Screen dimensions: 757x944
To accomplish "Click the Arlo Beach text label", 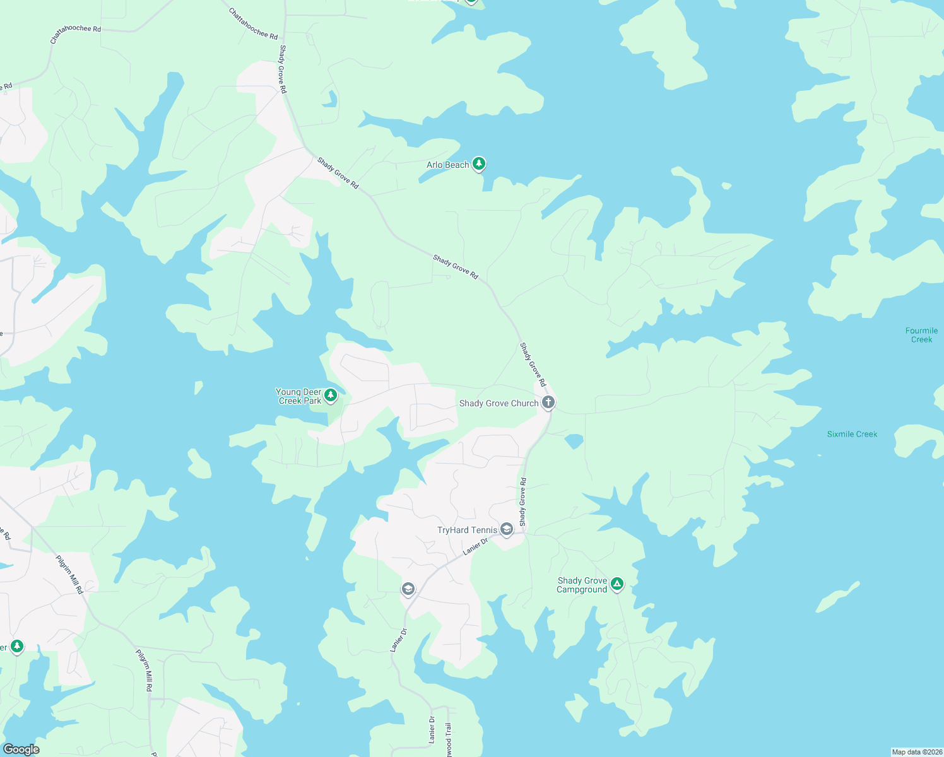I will tap(447, 165).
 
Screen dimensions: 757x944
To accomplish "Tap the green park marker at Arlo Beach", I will tap(479, 164).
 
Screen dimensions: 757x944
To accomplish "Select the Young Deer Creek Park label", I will tap(299, 396).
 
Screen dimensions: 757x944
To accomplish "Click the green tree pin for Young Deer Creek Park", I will tap(330, 395).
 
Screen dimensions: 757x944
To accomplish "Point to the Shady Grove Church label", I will tap(499, 404).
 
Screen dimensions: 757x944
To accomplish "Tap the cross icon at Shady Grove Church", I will tap(548, 402).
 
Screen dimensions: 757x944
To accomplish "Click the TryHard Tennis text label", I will tap(467, 531).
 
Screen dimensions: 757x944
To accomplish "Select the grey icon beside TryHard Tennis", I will tap(506, 529).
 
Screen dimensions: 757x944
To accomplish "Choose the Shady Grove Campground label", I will tap(582, 585).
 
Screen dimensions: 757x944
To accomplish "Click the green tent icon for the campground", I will tap(617, 584).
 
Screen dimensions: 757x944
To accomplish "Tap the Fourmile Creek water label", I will tap(921, 335).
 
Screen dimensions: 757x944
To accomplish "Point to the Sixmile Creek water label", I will tap(852, 434).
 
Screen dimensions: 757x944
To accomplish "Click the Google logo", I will tap(21, 749).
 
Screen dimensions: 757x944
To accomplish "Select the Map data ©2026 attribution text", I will tap(917, 752).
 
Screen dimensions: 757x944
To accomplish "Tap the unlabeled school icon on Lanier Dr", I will tap(408, 589).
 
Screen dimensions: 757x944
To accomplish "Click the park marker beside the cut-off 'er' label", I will tap(17, 646).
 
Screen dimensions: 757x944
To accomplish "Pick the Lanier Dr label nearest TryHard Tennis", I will tap(475, 546).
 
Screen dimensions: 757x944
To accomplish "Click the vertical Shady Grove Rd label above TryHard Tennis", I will tap(522, 502).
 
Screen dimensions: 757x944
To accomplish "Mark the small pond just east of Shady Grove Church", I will tap(574, 441).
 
